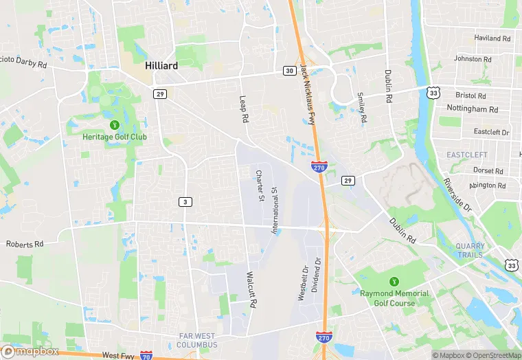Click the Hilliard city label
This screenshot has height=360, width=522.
click(162, 66)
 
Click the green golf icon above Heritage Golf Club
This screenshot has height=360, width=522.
click(114, 124)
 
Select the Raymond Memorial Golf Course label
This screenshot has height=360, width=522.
click(394, 298)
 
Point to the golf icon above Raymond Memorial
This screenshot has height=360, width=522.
click(394, 282)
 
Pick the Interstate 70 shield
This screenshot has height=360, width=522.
click(146, 356)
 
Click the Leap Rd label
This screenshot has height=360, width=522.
click(243, 109)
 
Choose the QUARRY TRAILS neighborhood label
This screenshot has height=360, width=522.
click(470, 250)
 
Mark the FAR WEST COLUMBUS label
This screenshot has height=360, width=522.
click(196, 340)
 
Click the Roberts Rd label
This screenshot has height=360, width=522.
click(25, 244)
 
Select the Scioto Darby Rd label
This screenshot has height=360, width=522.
click(23, 63)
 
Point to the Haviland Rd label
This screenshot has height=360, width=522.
click(492, 39)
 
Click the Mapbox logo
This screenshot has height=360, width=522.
click(30, 351)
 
